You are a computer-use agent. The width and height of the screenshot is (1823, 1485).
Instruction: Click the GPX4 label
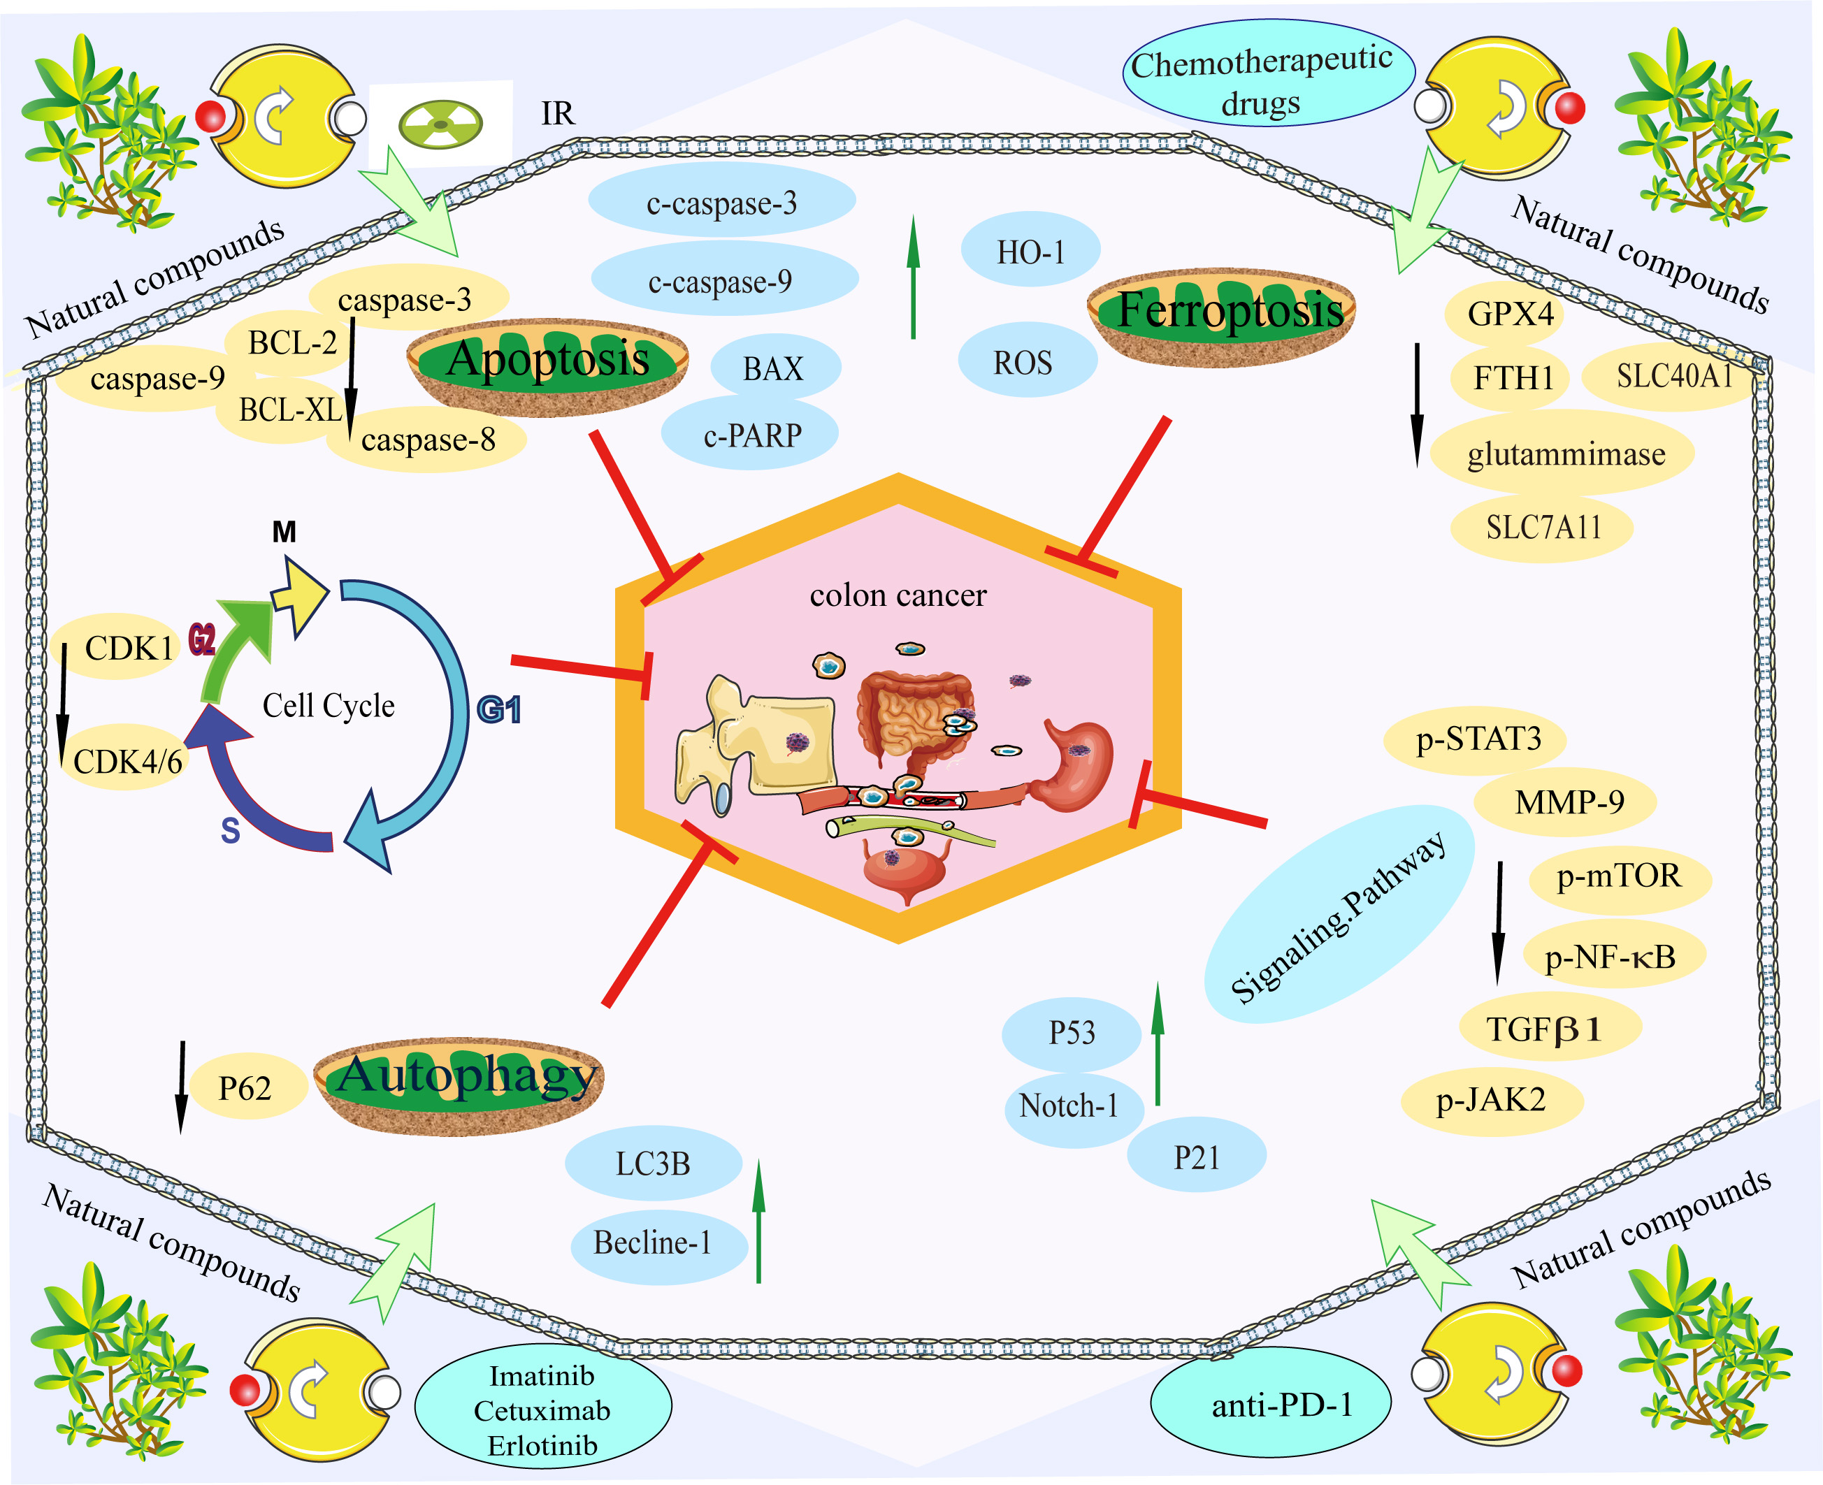(1510, 314)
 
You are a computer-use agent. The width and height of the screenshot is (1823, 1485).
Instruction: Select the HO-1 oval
(1031, 252)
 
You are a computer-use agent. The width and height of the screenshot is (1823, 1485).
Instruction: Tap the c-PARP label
(752, 435)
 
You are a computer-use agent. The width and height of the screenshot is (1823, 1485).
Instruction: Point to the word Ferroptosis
(1230, 310)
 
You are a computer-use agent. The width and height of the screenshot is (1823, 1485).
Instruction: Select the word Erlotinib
(542, 1446)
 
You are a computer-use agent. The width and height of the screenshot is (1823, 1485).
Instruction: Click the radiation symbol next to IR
(440, 125)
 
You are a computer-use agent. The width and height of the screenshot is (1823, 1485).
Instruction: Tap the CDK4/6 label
(127, 760)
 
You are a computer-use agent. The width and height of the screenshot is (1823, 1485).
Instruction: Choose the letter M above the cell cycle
(284, 532)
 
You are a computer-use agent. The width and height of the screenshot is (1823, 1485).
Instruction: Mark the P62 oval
(245, 1088)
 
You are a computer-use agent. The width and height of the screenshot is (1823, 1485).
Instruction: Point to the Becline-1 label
(653, 1242)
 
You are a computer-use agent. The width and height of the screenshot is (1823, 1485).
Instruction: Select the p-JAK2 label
(1491, 1099)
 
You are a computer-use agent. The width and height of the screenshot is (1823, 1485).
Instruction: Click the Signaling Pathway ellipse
(1338, 913)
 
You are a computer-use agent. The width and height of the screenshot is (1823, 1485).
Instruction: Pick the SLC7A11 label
(1543, 527)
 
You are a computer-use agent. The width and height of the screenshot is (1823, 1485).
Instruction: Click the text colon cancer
(898, 595)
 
